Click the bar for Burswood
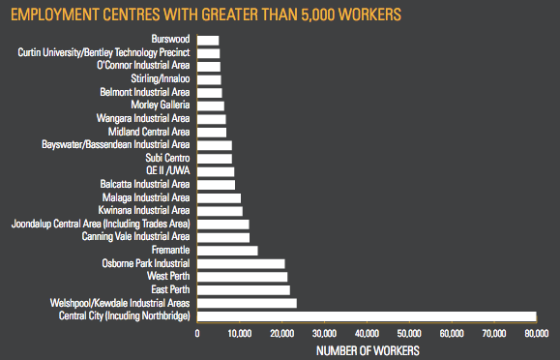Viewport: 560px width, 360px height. (x=208, y=41)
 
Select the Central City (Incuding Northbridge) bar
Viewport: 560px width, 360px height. (x=367, y=316)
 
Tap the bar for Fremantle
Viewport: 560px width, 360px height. (x=227, y=251)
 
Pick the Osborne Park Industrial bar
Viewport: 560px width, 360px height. (x=241, y=264)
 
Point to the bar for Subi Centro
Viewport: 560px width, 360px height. (x=215, y=159)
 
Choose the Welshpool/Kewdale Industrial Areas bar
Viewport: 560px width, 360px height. (x=247, y=303)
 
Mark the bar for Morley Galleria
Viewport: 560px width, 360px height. (x=211, y=106)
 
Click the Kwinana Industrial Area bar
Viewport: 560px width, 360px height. (x=220, y=211)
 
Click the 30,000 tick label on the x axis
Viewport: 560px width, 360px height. (x=324, y=334)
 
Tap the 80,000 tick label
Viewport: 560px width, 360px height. (x=537, y=334)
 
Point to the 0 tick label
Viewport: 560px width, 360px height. (x=197, y=334)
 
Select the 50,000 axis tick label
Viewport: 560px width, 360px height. (x=409, y=334)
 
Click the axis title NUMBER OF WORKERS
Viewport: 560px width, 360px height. (x=368, y=350)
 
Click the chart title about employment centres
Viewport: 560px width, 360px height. (x=206, y=15)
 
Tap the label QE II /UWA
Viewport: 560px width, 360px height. (x=168, y=171)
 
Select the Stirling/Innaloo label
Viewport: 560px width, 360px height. (x=161, y=78)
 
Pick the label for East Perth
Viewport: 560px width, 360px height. (x=170, y=289)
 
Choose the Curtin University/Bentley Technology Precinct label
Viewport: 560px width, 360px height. (x=103, y=52)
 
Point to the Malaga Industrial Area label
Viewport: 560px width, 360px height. (x=146, y=197)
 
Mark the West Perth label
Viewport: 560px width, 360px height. (x=168, y=277)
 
